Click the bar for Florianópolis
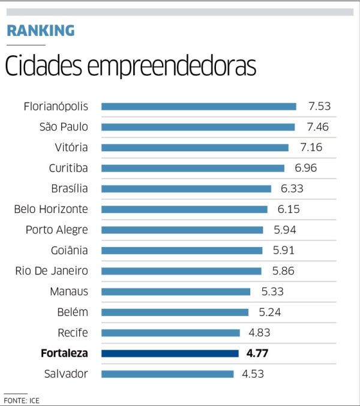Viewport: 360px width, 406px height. click(x=199, y=107)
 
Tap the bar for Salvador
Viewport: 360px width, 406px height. click(x=167, y=374)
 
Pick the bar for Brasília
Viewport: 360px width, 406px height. click(x=186, y=189)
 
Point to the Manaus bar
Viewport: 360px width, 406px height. click(x=176, y=292)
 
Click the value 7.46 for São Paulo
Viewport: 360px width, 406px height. click(x=317, y=127)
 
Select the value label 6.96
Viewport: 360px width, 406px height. click(x=306, y=168)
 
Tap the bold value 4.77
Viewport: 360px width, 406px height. click(x=257, y=353)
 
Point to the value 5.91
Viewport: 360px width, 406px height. click(x=284, y=251)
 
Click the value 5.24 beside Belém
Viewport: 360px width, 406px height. click(x=270, y=312)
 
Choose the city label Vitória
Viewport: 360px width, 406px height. click(x=71, y=148)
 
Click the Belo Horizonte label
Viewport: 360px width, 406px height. click(x=51, y=209)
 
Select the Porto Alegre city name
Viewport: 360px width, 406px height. click(x=57, y=230)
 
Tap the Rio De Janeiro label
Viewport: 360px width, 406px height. click(x=52, y=271)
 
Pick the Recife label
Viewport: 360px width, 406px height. click(x=73, y=333)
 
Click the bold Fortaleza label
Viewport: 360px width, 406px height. click(x=64, y=353)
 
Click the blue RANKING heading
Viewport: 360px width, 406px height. click(x=41, y=31)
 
